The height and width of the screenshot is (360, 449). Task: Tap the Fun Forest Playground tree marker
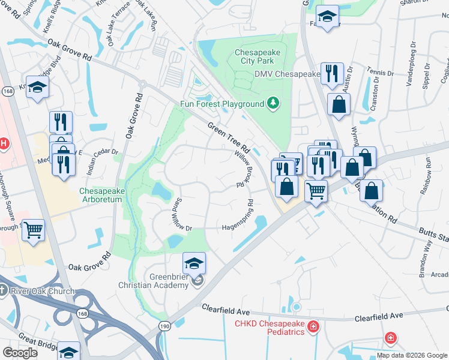273,103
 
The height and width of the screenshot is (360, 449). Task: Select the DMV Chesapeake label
287,74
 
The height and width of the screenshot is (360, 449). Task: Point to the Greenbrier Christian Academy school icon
194,263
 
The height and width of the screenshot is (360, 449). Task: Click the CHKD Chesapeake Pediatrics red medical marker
312,327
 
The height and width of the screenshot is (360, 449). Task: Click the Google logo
20,353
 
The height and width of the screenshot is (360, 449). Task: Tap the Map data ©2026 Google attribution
411,355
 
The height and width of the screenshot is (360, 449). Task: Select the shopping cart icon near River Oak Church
34,230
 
